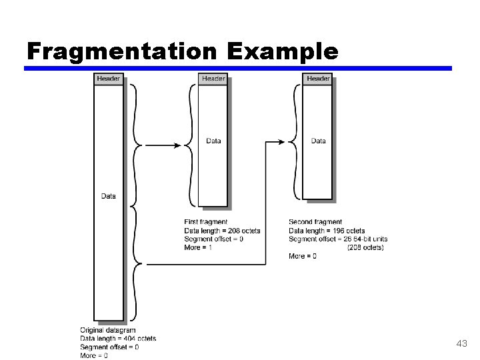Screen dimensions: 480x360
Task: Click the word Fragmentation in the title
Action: pyautogui.click(x=120, y=51)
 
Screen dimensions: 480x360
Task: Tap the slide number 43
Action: pyautogui.click(x=461, y=343)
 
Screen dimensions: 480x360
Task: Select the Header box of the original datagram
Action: pyautogui.click(x=109, y=79)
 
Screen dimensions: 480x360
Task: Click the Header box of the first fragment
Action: pyautogui.click(x=213, y=79)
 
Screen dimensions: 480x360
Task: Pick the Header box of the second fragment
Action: pyautogui.click(x=318, y=79)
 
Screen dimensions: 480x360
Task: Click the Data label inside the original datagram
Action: pyautogui.click(x=109, y=196)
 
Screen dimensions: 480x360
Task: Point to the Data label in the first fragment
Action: pyautogui.click(x=213, y=141)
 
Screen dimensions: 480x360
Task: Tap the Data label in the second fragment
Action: pyautogui.click(x=318, y=141)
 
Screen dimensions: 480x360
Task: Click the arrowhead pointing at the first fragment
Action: pyautogui.click(x=178, y=144)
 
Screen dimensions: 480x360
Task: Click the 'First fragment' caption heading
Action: pyautogui.click(x=205, y=222)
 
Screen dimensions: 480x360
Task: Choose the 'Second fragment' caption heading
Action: pyautogui.click(x=315, y=222)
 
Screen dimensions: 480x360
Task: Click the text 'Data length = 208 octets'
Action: pyautogui.click(x=222, y=231)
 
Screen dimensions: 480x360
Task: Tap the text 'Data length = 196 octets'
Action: pyautogui.click(x=327, y=231)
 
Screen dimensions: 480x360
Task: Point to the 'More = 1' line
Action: pyautogui.click(x=198, y=248)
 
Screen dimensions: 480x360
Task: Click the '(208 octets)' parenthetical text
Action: pyautogui.click(x=365, y=248)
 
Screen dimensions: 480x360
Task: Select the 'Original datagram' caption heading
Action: pyautogui.click(x=108, y=330)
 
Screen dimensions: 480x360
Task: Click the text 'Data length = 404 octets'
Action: pyautogui.click(x=118, y=339)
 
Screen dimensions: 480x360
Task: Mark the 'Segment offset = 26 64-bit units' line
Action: pyautogui.click(x=338, y=239)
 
